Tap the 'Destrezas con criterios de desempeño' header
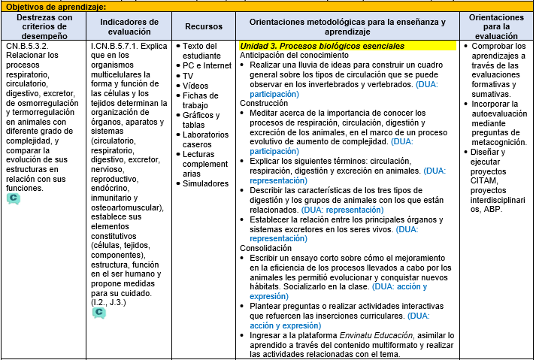pyautogui.click(x=44, y=26)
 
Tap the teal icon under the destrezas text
pyautogui.click(x=14, y=198)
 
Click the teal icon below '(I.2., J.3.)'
pyautogui.click(x=98, y=311)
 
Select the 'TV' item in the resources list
pyautogui.click(x=188, y=76)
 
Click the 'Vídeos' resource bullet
pyautogui.click(x=195, y=86)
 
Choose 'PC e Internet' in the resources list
pyautogui.click(x=207, y=66)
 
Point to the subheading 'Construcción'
pyautogui.click(x=263, y=102)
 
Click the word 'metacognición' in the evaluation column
pyautogui.click(x=498, y=141)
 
